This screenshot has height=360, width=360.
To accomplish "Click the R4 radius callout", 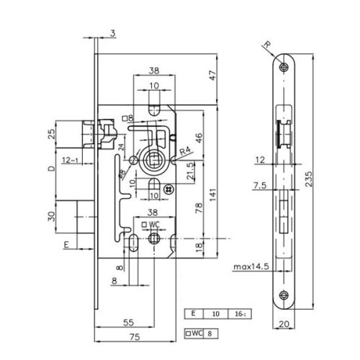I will tap(186, 151).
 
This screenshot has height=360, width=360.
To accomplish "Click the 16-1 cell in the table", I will tap(234, 315).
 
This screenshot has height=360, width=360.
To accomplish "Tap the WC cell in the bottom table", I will tap(195, 333).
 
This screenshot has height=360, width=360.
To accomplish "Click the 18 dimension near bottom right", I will tap(198, 246).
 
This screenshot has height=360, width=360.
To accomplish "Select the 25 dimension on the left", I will tap(50, 134).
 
